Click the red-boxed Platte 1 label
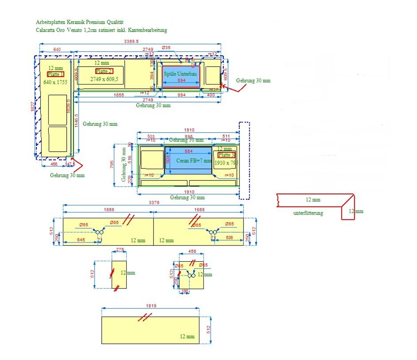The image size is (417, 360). point(55,74)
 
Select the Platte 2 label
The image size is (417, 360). point(104,71)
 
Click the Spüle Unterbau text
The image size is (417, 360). point(180,74)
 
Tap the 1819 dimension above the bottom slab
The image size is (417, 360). point(151,306)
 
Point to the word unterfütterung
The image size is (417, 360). point(308,213)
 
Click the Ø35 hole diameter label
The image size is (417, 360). point(166,48)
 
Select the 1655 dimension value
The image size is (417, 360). point(118,95)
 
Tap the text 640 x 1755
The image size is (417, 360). point(55,82)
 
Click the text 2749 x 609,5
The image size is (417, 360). point(104,79)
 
